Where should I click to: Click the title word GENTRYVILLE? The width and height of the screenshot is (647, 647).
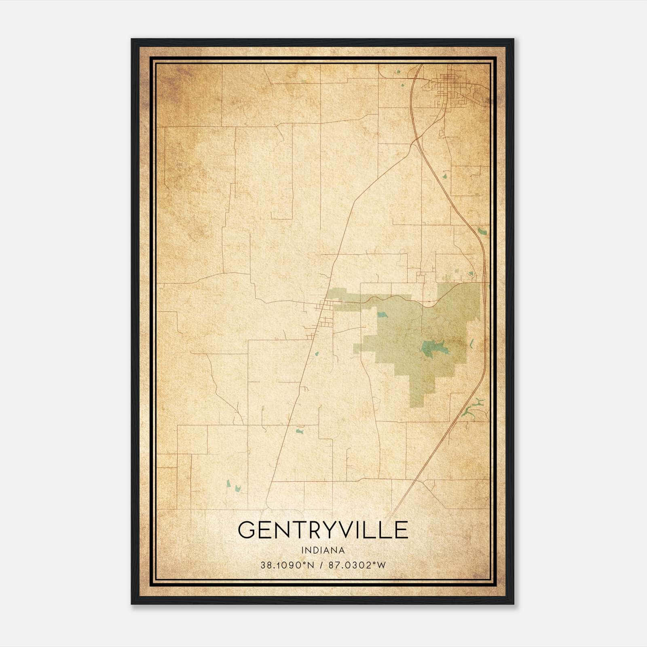(x=323, y=530)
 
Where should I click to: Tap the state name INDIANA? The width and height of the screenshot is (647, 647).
(x=323, y=550)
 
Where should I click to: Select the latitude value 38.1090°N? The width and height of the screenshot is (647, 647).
(x=287, y=566)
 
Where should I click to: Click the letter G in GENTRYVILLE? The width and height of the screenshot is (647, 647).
(x=246, y=530)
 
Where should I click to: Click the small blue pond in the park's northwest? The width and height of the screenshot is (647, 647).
(x=381, y=314)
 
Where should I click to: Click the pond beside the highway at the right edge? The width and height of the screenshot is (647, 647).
(x=482, y=232)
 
